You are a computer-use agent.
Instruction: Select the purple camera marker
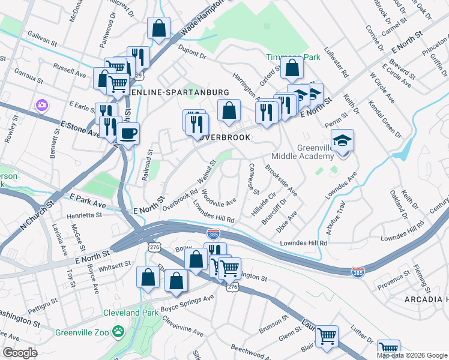[x=41, y=105]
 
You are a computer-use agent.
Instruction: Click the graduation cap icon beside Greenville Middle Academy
[x=343, y=141]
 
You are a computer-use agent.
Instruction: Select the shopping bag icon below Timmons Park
[x=291, y=70]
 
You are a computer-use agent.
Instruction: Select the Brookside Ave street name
[x=282, y=181]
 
